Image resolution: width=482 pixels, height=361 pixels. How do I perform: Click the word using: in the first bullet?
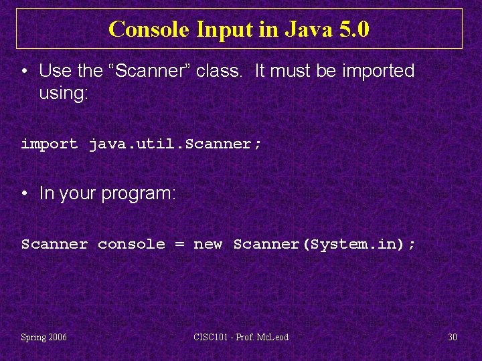[64, 93]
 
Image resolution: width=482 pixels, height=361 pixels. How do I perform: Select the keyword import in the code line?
[50, 144]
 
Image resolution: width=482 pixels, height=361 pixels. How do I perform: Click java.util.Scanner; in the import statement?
[175, 144]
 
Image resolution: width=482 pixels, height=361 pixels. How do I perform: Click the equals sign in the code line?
[179, 245]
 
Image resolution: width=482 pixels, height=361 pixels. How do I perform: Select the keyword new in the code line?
[208, 244]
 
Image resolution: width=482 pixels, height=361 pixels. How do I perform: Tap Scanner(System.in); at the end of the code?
[324, 244]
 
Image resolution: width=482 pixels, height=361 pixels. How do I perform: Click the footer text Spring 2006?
[44, 337]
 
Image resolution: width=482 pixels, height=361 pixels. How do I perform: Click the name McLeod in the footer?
[272, 337]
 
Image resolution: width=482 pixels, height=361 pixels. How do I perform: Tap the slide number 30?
[453, 337]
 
